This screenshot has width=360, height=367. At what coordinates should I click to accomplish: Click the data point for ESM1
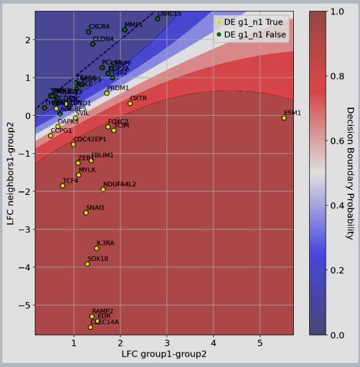click(x=284, y=118)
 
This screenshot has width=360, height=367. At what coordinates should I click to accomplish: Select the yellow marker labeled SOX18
click(x=87, y=264)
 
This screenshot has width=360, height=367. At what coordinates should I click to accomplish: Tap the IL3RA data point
click(x=97, y=248)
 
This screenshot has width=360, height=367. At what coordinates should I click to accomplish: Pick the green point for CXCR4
click(x=88, y=32)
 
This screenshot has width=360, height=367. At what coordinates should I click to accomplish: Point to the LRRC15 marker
click(x=157, y=19)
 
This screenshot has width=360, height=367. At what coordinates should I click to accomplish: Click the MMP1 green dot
click(x=125, y=30)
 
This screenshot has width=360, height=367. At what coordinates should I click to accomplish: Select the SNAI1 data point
click(x=86, y=212)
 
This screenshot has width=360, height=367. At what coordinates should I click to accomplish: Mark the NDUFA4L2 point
click(x=103, y=189)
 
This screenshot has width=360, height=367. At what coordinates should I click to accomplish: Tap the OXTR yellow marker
click(x=130, y=104)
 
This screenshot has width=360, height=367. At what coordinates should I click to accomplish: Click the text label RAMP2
click(x=102, y=311)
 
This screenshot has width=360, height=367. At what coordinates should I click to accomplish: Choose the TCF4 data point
click(x=63, y=186)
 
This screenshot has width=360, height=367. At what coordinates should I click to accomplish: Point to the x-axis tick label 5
click(x=260, y=342)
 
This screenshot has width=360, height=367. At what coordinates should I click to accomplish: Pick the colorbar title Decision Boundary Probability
click(x=350, y=173)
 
